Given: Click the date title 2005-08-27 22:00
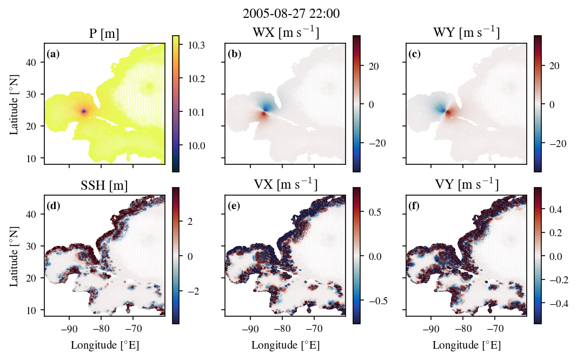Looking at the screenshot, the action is click(291, 14).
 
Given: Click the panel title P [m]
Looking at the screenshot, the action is click(104, 34).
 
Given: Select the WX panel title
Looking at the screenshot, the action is click(286, 32).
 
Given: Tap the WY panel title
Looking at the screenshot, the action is click(466, 32).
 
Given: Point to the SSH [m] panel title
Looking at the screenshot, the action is click(104, 185).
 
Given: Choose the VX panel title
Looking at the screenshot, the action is click(286, 184).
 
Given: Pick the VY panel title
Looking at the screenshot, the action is click(466, 184).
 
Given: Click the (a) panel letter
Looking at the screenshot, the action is click(53, 54).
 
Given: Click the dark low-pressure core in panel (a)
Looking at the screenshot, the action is click(84, 111).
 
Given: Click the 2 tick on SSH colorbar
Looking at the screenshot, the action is click(190, 222).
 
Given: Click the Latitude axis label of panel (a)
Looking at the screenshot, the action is click(14, 105).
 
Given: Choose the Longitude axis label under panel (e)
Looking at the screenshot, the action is click(286, 345).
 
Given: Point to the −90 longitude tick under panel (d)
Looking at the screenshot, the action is click(69, 328).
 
